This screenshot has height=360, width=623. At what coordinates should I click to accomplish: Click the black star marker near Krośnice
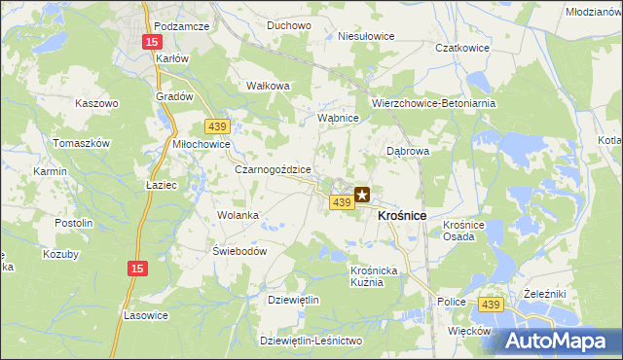(362, 195)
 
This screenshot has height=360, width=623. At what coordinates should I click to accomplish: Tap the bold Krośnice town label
(401, 214)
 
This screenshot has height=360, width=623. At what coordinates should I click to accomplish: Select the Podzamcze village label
(182, 26)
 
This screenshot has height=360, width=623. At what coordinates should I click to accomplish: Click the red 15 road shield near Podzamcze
(151, 42)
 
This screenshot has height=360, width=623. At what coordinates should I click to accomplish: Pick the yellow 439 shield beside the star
(340, 201)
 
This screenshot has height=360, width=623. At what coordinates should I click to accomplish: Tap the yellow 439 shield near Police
(491, 306)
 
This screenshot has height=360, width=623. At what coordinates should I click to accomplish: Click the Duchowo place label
(261, 25)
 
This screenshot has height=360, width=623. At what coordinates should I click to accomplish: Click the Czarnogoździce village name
(274, 169)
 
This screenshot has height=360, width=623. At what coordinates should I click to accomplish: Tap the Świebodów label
(239, 250)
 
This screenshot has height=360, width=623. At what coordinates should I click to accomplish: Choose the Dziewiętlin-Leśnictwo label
(311, 341)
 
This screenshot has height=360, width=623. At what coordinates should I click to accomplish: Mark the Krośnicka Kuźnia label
(374, 275)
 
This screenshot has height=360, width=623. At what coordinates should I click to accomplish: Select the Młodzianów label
(593, 11)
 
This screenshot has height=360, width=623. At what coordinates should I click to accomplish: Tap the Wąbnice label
(340, 118)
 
